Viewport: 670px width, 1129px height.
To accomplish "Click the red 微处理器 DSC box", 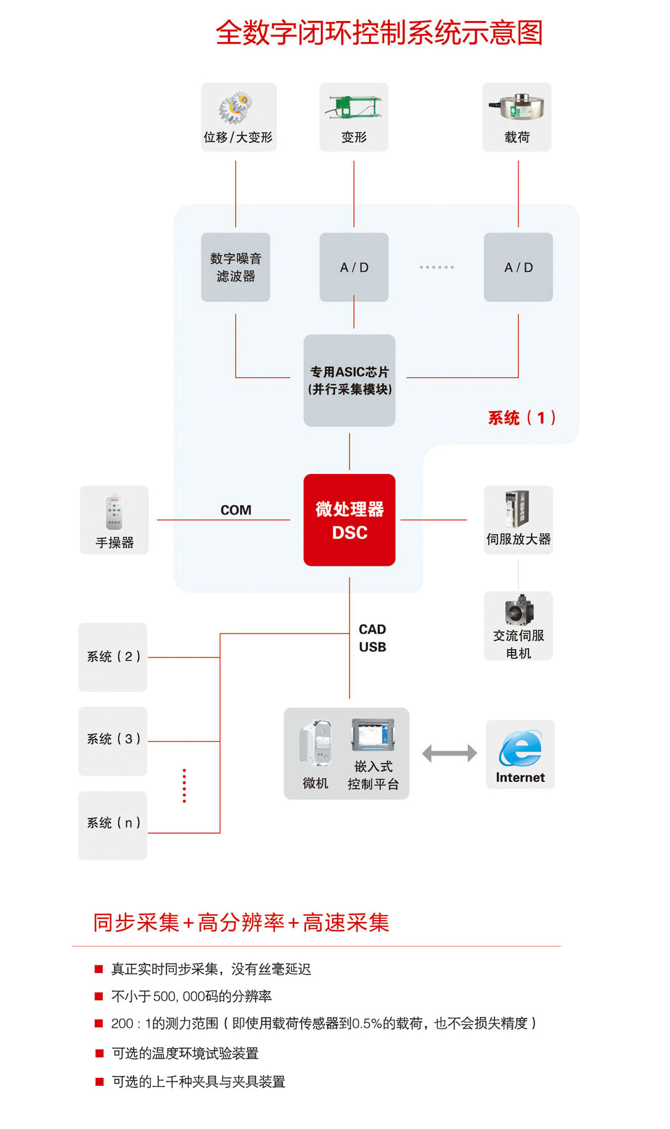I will (349, 520).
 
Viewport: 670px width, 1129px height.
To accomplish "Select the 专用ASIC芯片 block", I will (349, 380).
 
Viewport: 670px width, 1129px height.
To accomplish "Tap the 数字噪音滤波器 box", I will (235, 267).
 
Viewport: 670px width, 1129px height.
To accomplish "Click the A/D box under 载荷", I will (518, 267).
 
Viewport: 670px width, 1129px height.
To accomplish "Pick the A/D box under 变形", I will (353, 267).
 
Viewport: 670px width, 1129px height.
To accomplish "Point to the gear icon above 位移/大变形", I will (236, 108).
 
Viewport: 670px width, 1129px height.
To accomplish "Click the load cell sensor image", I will (516, 107).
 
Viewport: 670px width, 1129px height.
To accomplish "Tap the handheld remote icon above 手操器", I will (114, 512).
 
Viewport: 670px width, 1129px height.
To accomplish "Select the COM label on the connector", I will (236, 510).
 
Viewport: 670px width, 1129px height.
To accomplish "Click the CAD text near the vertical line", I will (373, 629).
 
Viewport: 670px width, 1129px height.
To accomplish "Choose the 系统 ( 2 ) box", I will (113, 657).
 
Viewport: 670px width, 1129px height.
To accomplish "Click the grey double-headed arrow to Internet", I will (449, 753).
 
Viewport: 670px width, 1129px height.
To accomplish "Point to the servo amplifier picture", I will (517, 509).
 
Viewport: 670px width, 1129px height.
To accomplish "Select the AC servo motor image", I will (519, 610).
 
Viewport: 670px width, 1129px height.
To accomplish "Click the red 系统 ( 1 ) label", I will (522, 418).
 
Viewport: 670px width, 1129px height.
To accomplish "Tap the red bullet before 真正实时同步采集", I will (99, 969).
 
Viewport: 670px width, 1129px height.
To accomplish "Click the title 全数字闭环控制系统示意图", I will (379, 33).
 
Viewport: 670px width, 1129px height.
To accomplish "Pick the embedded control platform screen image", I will (372, 735).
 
